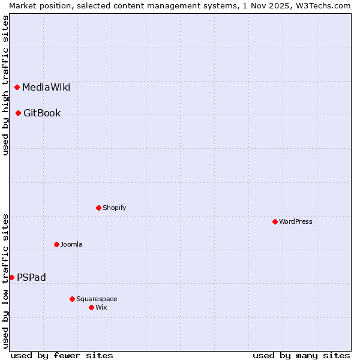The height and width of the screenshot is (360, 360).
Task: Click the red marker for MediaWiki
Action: coord(17,87)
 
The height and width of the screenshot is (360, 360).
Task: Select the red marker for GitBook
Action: coord(19,113)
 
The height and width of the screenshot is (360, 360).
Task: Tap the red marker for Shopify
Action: coord(98,208)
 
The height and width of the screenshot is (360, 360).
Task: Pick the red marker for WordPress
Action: coord(275,221)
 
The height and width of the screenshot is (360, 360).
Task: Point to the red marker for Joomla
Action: coord(56,244)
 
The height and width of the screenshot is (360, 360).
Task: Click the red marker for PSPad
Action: coord(11,277)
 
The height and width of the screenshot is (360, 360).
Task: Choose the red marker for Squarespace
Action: coord(72,299)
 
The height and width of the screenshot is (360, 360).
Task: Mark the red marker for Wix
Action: coord(91,307)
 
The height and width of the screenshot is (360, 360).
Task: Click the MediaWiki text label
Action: coord(46,88)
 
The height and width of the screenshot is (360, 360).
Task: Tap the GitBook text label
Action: coord(42,113)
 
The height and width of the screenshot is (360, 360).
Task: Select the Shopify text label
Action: coord(114,208)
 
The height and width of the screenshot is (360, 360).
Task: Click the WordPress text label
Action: coord(296,222)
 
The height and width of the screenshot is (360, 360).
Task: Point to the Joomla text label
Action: coord(71,245)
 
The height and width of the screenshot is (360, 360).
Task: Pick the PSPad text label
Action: coord(31,278)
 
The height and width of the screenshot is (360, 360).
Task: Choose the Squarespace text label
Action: coord(97,299)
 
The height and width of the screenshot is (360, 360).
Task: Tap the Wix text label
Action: coord(101,308)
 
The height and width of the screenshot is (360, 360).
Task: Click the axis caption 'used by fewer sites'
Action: coord(62,355)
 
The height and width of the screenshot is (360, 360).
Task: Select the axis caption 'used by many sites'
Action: coord(301,355)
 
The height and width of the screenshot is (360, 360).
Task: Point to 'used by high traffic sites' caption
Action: coord(5,85)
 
